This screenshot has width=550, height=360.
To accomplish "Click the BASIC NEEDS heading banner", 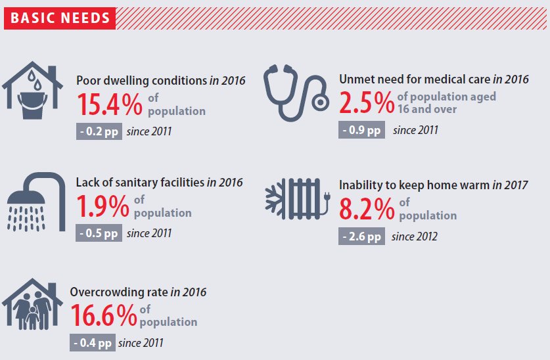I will coord(60,18).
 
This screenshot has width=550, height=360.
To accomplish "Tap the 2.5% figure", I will coord(367,102).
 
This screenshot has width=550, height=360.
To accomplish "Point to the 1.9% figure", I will coord(103,207).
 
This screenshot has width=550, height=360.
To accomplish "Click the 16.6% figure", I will coord(103,316).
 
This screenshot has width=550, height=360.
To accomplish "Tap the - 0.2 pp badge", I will coord(99,131).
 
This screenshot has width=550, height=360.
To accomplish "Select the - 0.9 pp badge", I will coord(361,130).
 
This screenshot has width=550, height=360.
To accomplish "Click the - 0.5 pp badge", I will coord(99,233).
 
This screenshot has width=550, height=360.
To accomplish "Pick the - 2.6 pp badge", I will coord(361,236).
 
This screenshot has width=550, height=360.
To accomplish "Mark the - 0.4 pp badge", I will coord(92,342).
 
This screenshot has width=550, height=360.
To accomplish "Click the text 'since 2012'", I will coord(414,236).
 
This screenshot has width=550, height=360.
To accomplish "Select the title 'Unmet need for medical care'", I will coord(414,79).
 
